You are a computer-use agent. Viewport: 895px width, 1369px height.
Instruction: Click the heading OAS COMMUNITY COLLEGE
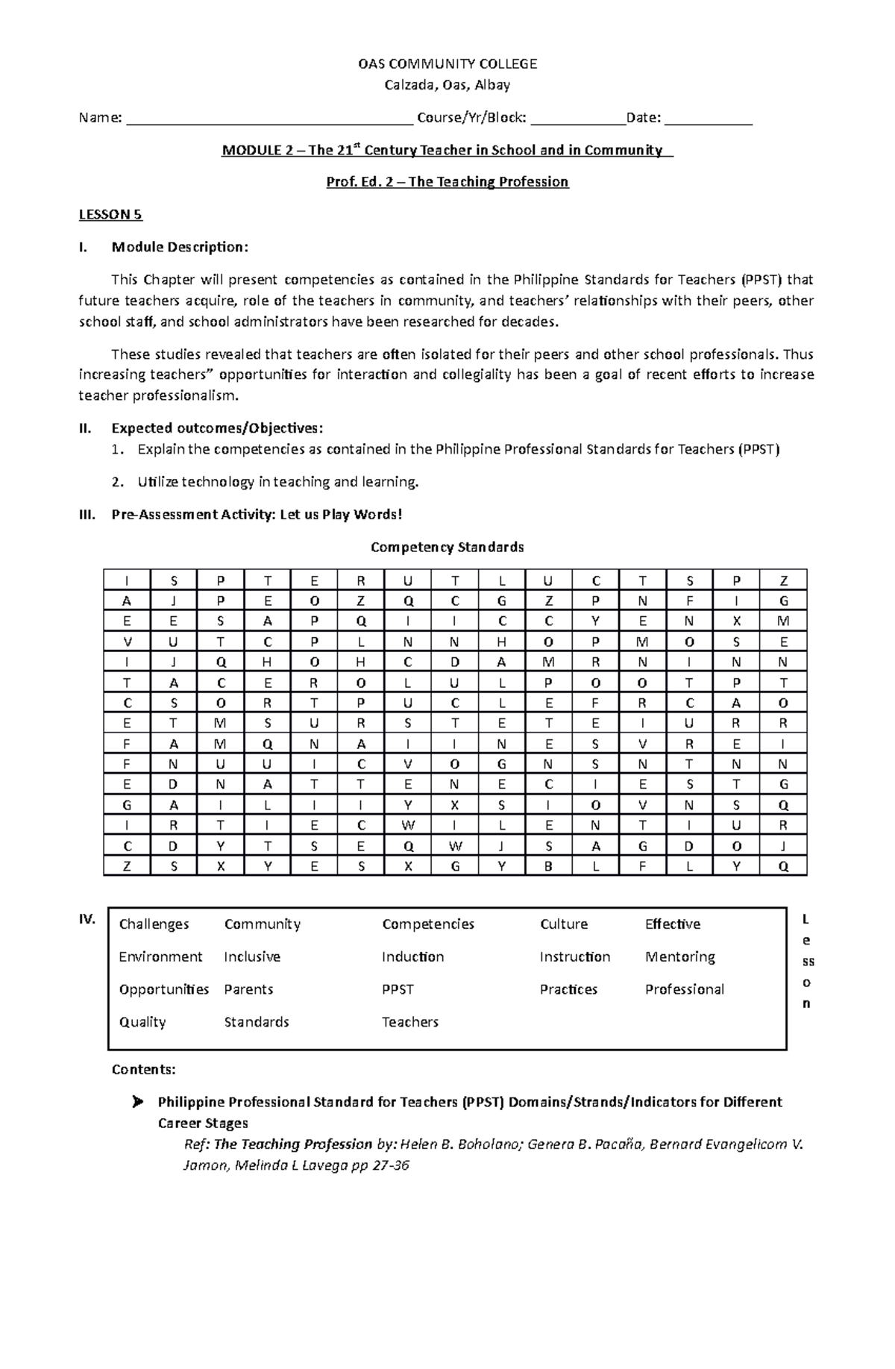(x=447, y=64)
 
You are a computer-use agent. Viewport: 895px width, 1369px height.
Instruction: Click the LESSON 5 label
(x=110, y=215)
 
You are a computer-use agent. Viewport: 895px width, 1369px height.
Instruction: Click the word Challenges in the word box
(x=154, y=924)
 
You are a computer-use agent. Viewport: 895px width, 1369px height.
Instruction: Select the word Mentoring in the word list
(x=679, y=956)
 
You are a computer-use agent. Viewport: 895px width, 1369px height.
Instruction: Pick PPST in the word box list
(x=398, y=989)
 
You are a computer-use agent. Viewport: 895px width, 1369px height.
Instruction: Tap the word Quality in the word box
(x=142, y=1022)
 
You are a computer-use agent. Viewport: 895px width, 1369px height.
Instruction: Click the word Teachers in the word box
(x=410, y=1022)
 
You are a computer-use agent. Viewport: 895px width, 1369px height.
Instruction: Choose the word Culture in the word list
(x=564, y=924)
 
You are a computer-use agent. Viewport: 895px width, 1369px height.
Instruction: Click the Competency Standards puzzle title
(x=447, y=548)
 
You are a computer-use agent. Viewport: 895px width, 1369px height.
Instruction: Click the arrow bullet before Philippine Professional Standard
(x=136, y=1102)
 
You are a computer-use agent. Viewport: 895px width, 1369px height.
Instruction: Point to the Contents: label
(x=143, y=1070)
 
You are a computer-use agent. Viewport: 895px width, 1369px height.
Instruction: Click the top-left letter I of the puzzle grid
(x=126, y=580)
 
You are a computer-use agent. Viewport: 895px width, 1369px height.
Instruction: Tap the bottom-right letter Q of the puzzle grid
(x=783, y=866)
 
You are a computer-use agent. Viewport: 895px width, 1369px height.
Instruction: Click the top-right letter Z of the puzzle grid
(x=783, y=580)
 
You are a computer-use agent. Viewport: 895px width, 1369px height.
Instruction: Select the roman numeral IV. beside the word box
(x=87, y=919)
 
